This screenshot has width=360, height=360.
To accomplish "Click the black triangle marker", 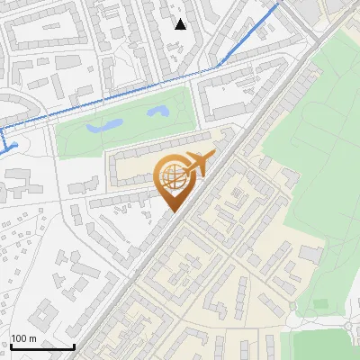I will tap(181, 23).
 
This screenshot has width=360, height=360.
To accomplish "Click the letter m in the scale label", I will tap(32, 338).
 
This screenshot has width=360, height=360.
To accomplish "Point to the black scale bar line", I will tap(41, 346).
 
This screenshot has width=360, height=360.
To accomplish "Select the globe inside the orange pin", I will tap(172, 176).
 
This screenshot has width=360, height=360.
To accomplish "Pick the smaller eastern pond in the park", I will tap(158, 112).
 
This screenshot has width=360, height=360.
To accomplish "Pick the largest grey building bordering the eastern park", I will tap(311, 255).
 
